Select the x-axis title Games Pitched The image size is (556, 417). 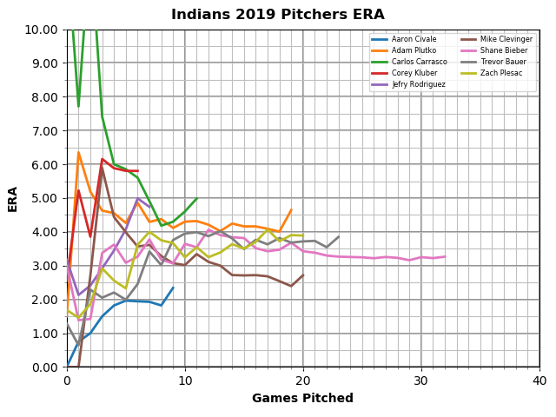click(x=302, y=399)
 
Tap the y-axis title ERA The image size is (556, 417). click(x=13, y=198)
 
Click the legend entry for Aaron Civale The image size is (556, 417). click(x=413, y=40)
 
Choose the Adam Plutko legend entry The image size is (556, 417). click(x=413, y=51)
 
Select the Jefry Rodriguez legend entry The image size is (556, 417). click(x=417, y=84)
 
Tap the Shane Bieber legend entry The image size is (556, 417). click(x=502, y=51)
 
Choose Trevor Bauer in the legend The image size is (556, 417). click(x=502, y=62)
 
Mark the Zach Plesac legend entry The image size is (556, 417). click(x=500, y=73)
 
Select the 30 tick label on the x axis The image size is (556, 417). click(x=421, y=381)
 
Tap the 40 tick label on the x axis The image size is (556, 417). click(x=539, y=381)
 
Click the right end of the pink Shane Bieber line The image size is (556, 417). click(x=445, y=256)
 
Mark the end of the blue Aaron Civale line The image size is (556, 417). click(x=173, y=288)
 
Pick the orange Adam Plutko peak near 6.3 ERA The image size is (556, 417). click(x=78, y=153)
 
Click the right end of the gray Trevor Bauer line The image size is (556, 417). click(x=338, y=237)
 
